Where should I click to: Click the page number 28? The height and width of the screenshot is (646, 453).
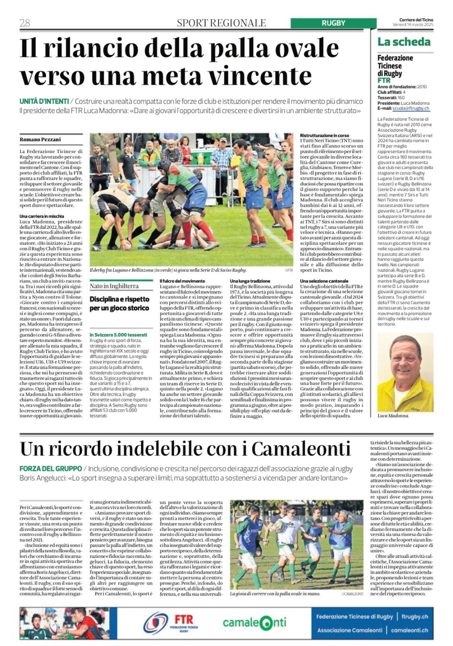[x=25, y=23]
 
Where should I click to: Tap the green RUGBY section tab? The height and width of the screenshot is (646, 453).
[x=333, y=23]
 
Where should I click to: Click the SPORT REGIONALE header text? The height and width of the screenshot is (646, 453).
[x=221, y=23]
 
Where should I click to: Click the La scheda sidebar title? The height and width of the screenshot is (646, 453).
[x=404, y=42]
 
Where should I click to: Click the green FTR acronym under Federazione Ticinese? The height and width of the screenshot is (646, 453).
[x=384, y=80]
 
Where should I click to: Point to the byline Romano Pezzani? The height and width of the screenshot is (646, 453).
[x=40, y=139]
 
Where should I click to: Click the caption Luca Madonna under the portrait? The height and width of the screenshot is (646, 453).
[x=393, y=415]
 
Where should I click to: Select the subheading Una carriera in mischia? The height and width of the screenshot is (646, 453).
[x=42, y=216]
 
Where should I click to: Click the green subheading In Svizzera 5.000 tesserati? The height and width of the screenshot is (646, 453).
[x=118, y=335]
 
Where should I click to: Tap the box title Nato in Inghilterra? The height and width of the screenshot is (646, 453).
[x=114, y=286]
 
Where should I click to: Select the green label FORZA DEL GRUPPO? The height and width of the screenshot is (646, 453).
[x=50, y=469]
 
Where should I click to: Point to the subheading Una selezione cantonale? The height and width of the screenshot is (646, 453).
[x=324, y=281]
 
